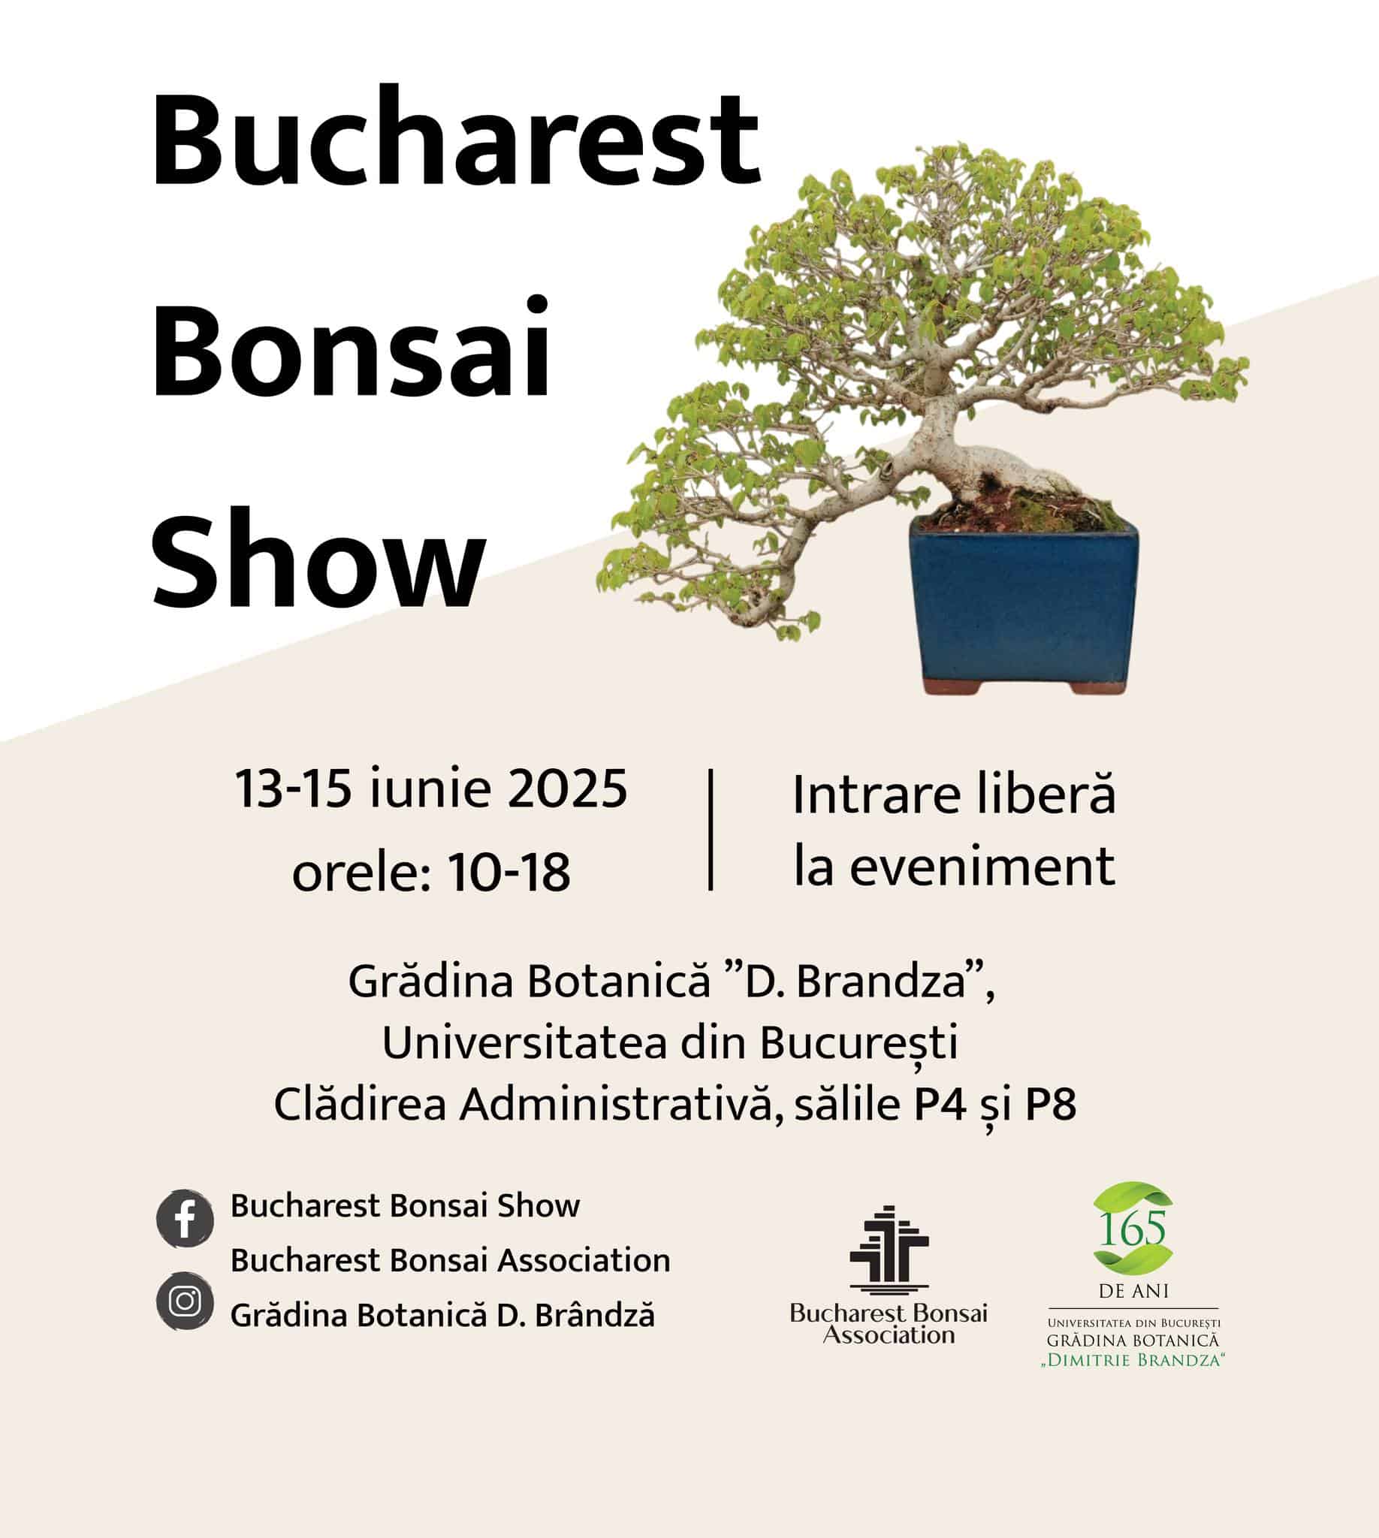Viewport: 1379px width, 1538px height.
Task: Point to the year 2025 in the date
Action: [567, 789]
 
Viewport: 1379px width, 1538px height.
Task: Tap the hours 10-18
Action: [509, 872]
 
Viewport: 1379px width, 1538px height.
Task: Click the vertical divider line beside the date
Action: [710, 830]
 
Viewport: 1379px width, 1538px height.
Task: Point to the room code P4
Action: [940, 1105]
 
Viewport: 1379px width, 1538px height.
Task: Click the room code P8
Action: [1050, 1105]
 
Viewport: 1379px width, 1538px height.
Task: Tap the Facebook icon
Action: [185, 1218]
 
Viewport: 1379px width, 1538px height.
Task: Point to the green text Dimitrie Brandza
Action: [1133, 1361]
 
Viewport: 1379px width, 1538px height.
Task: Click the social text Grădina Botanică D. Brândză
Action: [442, 1316]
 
